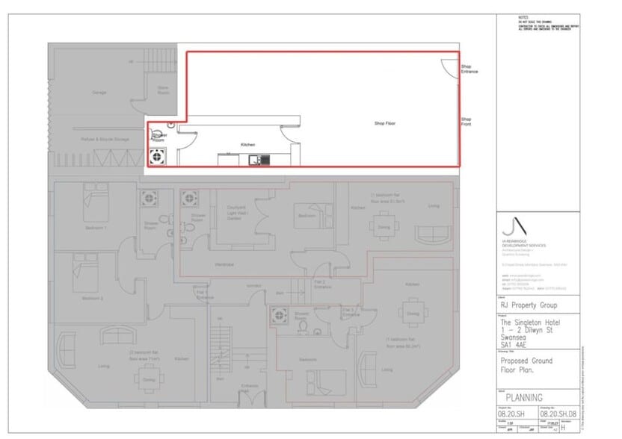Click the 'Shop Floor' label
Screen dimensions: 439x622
[384, 122]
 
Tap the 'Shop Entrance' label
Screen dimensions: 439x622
[469, 69]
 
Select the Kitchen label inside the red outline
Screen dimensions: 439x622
[247, 144]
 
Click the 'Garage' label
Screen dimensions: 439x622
[99, 93]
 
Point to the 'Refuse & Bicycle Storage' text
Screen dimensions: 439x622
[100, 139]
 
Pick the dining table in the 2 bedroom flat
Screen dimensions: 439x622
[144, 379]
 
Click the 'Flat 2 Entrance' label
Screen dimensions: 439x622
[322, 284]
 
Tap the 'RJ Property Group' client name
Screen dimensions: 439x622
[528, 305]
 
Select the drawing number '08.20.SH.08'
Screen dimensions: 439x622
[558, 412]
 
